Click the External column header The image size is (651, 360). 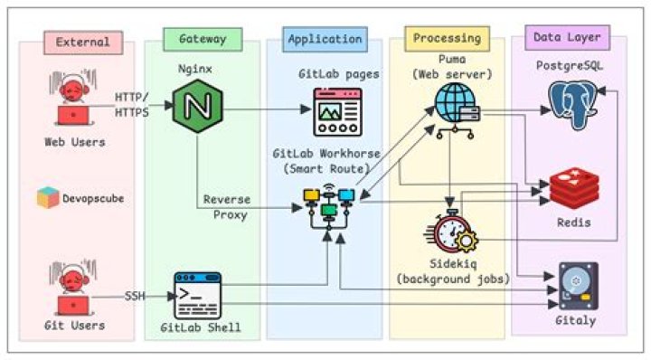click(82, 42)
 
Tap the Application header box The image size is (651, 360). click(325, 39)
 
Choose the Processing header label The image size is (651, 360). click(446, 38)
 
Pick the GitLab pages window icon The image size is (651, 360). click(335, 111)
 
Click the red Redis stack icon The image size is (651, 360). click(575, 188)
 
